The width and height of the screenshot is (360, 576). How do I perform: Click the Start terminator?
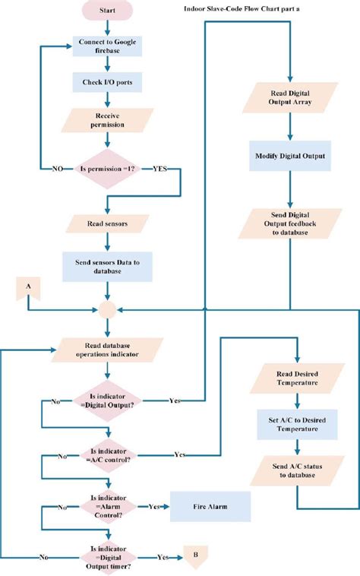[107, 12]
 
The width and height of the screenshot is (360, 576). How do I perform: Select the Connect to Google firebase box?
[107, 47]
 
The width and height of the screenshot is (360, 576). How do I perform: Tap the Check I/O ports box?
[107, 82]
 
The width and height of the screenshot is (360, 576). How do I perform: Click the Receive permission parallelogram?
[107, 119]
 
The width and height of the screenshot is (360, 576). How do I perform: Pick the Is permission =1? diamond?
[108, 168]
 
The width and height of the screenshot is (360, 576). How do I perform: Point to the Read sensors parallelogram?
[107, 224]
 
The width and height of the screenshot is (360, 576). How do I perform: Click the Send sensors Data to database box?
[107, 266]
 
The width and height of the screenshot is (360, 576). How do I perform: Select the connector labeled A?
[28, 286]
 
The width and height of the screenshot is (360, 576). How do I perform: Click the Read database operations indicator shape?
[107, 350]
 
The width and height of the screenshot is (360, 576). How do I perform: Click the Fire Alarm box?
[210, 505]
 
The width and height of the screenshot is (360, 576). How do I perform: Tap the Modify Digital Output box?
[291, 157]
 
